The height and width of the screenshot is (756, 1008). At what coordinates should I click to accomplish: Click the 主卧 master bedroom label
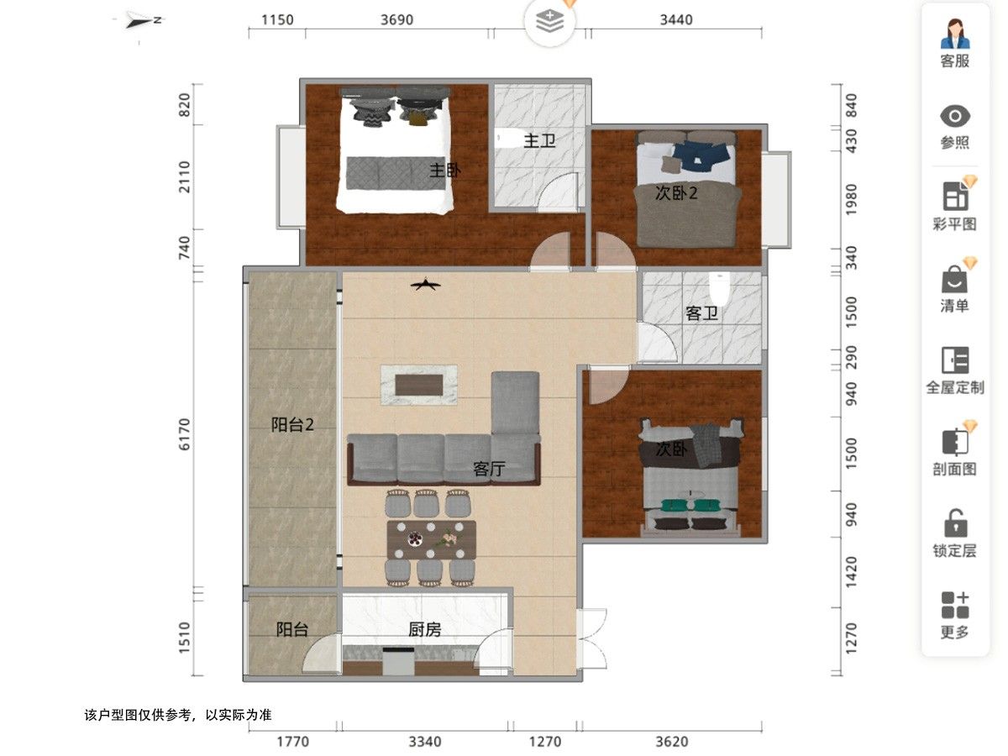(445, 171)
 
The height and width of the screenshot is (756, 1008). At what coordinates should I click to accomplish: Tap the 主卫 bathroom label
(539, 140)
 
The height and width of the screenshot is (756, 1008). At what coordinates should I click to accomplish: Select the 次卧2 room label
(676, 193)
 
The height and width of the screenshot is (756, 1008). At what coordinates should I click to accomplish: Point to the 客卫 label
(701, 313)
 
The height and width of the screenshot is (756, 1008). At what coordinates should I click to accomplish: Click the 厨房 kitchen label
(425, 629)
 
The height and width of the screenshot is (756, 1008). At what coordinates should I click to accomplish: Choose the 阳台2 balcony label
(292, 424)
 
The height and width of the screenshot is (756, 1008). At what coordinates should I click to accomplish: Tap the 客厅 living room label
(489, 469)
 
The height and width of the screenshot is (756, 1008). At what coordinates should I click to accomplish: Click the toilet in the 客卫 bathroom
(719, 288)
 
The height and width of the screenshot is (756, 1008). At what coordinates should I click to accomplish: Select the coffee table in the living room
(419, 385)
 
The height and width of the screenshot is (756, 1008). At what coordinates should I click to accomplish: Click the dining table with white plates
(431, 539)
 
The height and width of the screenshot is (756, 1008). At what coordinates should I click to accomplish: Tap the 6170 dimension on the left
(184, 434)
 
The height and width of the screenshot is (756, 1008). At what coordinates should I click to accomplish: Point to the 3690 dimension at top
(396, 19)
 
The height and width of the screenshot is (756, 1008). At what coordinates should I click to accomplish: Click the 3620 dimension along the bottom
(672, 742)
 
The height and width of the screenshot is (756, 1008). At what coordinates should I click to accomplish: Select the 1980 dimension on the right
(851, 200)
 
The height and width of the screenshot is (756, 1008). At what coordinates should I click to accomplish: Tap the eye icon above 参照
(955, 116)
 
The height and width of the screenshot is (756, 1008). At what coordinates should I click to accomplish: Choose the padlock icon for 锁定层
(956, 522)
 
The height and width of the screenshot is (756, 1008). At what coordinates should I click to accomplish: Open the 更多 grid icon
(955, 605)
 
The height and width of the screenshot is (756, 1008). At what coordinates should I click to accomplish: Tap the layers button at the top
(549, 22)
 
